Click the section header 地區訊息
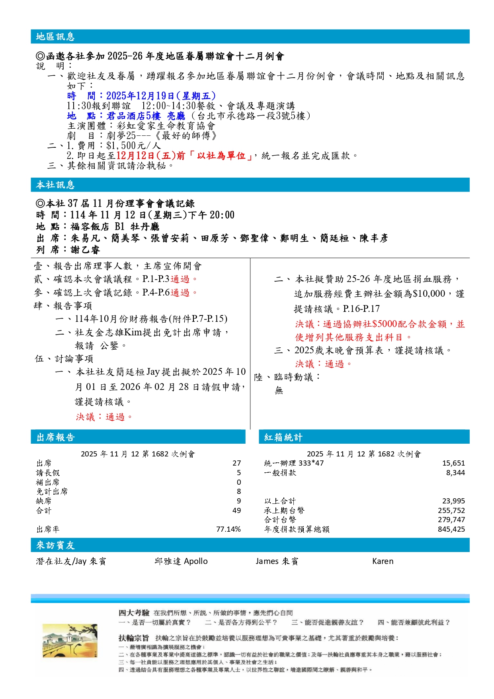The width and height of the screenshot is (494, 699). click(55, 37)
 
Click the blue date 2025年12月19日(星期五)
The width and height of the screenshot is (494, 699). click(161, 96)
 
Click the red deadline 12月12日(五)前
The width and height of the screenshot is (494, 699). click(150, 156)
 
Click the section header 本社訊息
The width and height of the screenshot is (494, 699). click(55, 185)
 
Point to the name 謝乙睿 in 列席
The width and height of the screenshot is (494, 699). click(85, 250)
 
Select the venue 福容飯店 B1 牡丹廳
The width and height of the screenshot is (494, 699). click(115, 227)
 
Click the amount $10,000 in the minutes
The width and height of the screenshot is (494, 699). click(429, 294)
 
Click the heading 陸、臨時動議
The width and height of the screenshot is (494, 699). click(287, 377)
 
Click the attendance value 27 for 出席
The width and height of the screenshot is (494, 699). click(236, 463)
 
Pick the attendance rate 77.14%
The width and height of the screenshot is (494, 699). click(228, 529)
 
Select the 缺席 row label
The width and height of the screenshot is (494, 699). click(44, 501)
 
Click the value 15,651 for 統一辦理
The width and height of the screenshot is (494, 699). click(453, 463)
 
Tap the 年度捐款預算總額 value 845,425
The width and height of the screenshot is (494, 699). click(451, 529)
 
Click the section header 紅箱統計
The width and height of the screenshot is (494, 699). click(283, 437)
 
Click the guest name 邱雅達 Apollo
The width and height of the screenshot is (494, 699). click(181, 561)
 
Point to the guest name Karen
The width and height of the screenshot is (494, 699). click(383, 561)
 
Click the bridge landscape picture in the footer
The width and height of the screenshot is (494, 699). click(70, 641)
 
